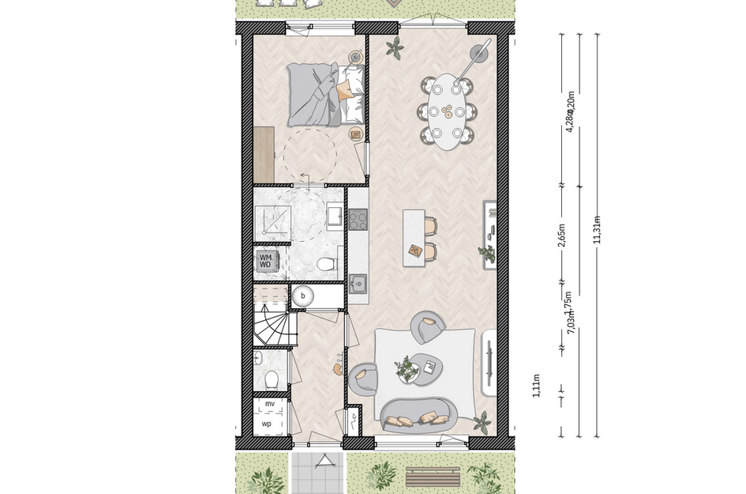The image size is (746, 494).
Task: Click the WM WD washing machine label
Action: point(265,262)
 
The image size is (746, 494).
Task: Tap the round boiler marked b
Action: point(302,296)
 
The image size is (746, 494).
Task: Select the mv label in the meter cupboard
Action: point(269,405)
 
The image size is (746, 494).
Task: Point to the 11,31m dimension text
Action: point(598,230)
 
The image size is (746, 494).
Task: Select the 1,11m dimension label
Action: point(537,388)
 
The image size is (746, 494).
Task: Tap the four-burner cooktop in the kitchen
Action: point(358,217)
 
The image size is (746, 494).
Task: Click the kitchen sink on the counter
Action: point(358,282)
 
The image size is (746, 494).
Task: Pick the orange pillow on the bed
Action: point(345,92)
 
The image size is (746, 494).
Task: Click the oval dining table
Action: point(448,111)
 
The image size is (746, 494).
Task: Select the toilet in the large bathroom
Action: point(324,264)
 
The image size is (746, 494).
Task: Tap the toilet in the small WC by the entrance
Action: point(271,380)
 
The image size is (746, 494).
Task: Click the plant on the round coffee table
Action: point(407,368)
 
